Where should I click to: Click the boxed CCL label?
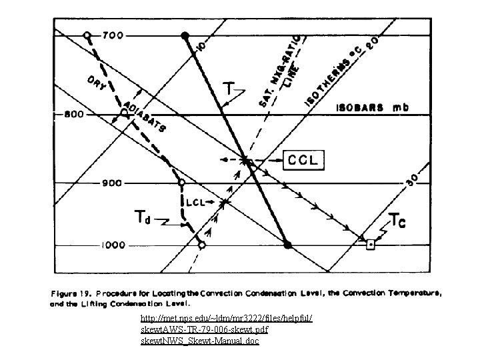tap(304, 160)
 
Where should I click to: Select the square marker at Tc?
tap(371, 245)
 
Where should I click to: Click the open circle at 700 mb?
tap(87, 35)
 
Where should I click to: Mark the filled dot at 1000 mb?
tap(287, 245)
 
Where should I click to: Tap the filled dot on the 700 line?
tap(186, 35)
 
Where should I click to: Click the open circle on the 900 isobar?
tap(181, 183)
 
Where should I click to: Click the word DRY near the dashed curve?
tap(98, 84)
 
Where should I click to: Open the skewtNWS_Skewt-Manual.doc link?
tap(200, 341)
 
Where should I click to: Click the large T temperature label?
tap(228, 87)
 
